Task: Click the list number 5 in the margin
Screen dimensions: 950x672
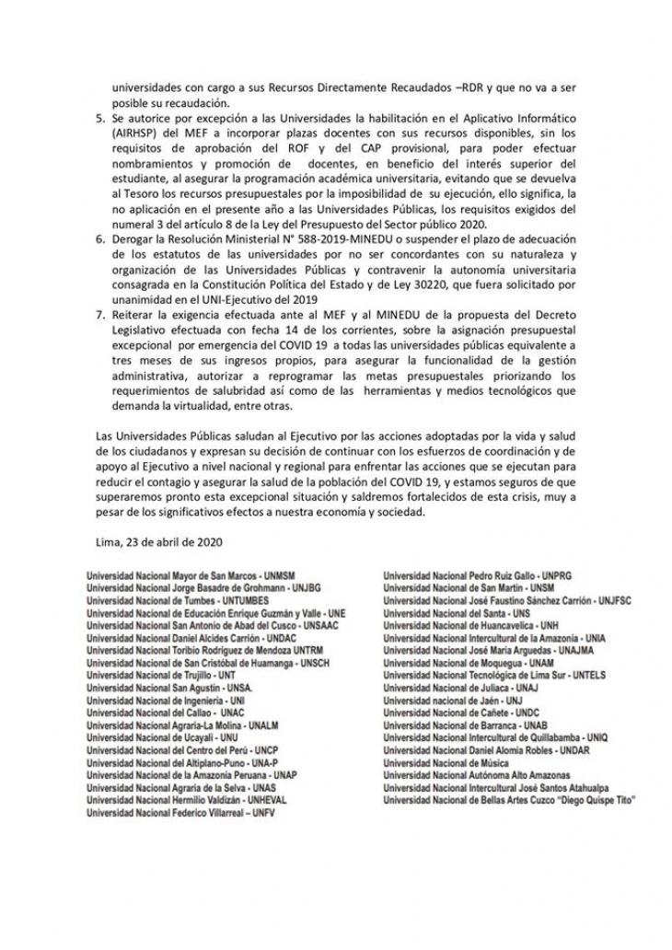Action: pos(101,120)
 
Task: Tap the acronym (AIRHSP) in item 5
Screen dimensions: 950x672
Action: pos(134,134)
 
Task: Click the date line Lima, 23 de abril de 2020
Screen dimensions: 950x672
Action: pos(158,542)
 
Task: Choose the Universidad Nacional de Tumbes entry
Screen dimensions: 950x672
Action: pos(164,599)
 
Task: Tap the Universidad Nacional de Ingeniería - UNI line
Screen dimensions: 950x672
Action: pos(155,700)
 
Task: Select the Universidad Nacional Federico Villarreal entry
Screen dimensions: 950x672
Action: pos(180,813)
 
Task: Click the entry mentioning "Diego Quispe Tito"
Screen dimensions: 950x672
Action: pos(509,800)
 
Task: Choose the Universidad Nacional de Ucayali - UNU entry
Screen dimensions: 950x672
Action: pos(148,737)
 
